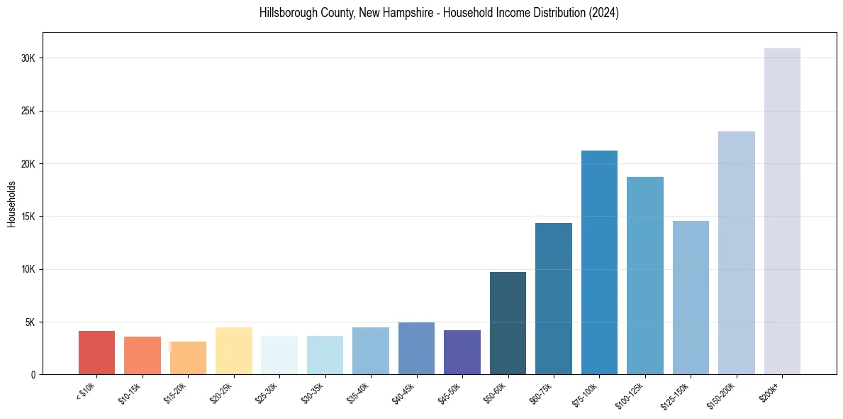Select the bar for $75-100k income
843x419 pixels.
[599, 262]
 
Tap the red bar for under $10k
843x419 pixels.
[96, 352]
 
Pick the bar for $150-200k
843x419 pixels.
[737, 253]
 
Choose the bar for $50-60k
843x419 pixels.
[508, 323]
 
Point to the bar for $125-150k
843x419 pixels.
[691, 298]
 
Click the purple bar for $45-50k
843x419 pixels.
[462, 352]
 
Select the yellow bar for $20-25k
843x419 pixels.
[234, 351]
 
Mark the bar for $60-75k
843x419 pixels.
[554, 298]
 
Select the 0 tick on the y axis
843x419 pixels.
[33, 375]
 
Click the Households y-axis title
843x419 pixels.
[11, 204]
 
